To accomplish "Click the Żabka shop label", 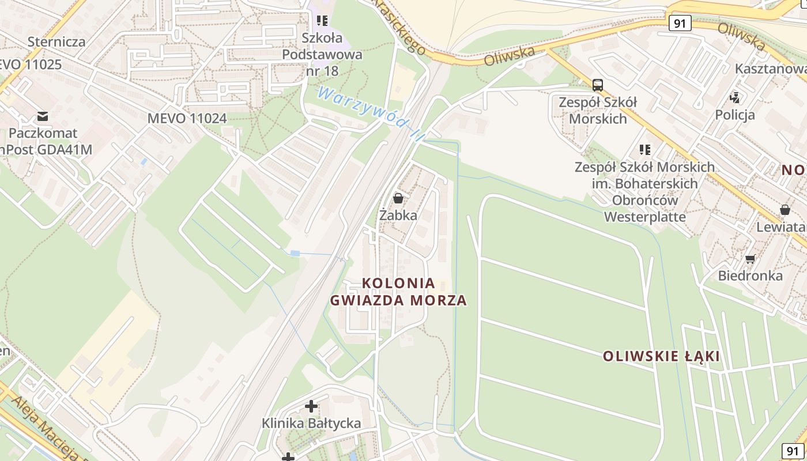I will (x=398, y=216).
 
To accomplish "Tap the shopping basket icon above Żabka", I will (x=398, y=199).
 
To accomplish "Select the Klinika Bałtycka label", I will (x=311, y=424).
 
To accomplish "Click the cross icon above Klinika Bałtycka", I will (x=311, y=406).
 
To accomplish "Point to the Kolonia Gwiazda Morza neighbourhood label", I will (x=398, y=292).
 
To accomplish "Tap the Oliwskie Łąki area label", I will (x=661, y=356).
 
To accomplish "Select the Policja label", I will (x=735, y=115).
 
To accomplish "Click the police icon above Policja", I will (x=735, y=97).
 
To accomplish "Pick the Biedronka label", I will (x=750, y=275).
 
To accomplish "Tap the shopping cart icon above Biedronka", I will (x=750, y=259).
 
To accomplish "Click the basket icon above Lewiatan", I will (x=785, y=210).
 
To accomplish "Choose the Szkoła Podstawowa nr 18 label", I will (x=322, y=55).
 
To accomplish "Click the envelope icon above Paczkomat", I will (x=42, y=116).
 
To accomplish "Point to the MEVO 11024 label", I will (x=187, y=118).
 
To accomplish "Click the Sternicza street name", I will (x=56, y=41).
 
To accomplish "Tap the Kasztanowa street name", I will (x=770, y=69).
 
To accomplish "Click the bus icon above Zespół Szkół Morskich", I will (x=598, y=85).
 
